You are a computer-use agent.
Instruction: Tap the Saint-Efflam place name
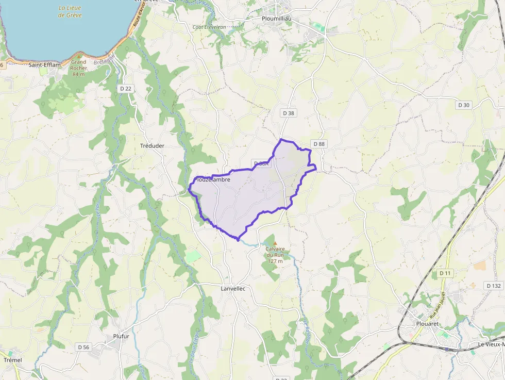(44, 65)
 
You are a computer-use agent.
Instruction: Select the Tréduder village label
(152, 146)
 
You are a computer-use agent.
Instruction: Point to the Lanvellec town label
(233, 289)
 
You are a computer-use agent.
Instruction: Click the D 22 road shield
(126, 89)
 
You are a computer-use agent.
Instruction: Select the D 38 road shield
(289, 113)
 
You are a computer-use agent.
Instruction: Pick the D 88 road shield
(318, 144)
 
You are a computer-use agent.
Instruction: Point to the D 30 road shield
(464, 105)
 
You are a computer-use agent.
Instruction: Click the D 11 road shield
(445, 273)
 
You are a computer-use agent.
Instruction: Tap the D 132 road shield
(493, 285)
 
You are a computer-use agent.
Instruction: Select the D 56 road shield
(83, 347)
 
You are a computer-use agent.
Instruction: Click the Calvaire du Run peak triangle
(275, 243)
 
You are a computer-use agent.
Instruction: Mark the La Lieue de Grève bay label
(70, 11)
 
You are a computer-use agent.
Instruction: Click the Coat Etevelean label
(210, 27)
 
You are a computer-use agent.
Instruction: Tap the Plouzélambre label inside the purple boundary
(213, 180)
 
